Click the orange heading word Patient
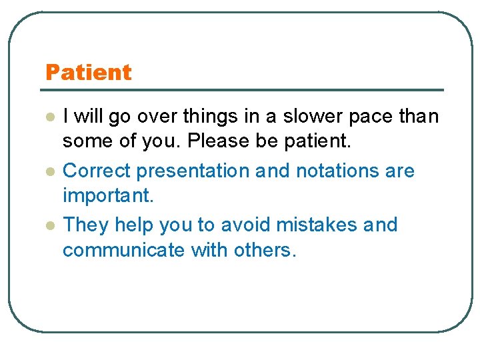(x=88, y=72)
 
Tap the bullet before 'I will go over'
(x=49, y=117)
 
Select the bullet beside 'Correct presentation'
(x=49, y=171)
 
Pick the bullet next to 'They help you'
(x=49, y=225)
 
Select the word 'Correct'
(x=97, y=171)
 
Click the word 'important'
(x=107, y=197)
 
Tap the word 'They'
(x=86, y=225)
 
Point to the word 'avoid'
(x=240, y=225)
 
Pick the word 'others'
(x=264, y=251)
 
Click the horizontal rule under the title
(x=243, y=89)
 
